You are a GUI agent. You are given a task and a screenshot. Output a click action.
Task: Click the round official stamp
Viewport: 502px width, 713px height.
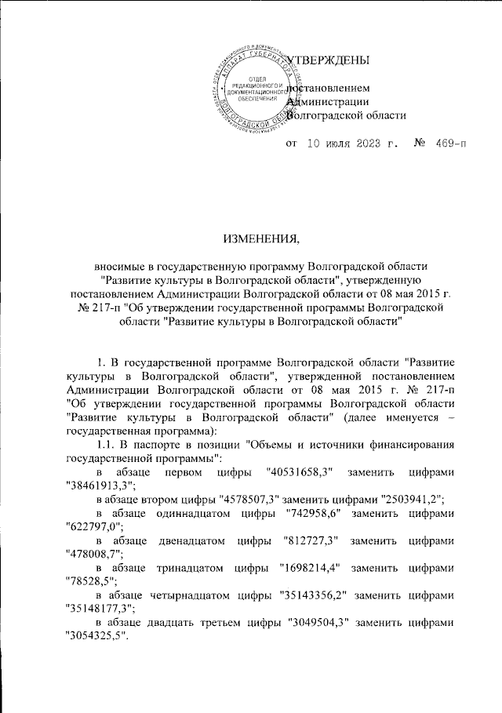click(253, 92)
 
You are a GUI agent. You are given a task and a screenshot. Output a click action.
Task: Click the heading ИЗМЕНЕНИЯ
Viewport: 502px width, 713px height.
click(250, 238)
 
